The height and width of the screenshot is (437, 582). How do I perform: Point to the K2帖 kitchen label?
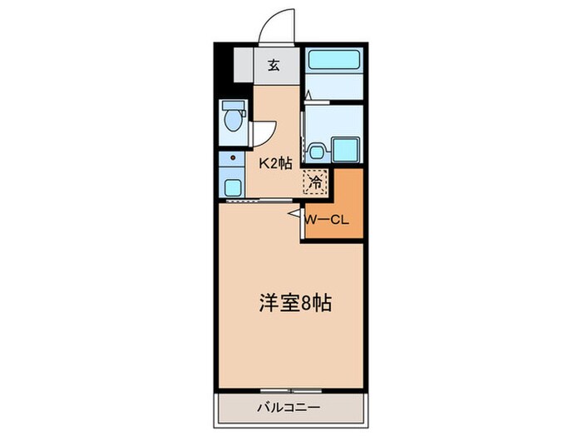pyautogui.click(x=274, y=163)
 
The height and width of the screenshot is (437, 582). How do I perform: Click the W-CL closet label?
pyautogui.click(x=330, y=220)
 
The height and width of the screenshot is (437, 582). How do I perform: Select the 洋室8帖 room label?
pyautogui.click(x=292, y=303)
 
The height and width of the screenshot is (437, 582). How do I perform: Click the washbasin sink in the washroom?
pyautogui.click(x=317, y=152)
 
